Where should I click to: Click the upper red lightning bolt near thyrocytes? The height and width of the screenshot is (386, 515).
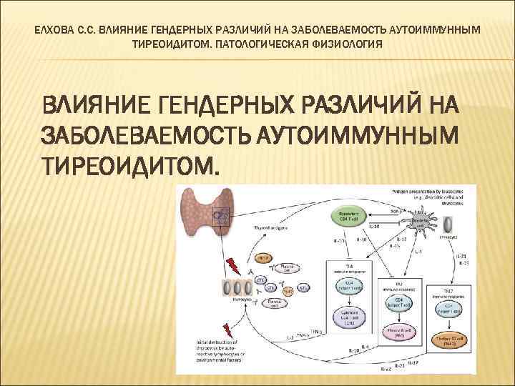[232, 265]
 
